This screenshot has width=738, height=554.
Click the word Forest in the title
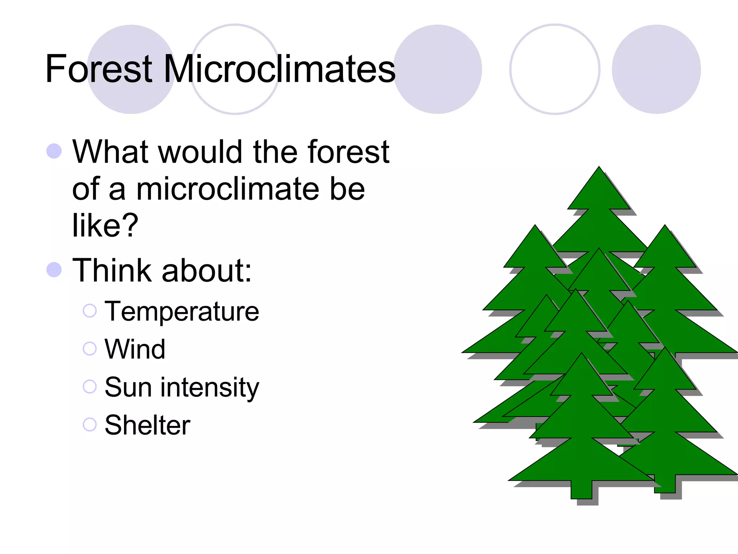tap(99, 69)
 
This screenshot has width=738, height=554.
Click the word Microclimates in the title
tap(279, 69)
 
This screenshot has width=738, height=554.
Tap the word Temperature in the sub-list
tap(182, 311)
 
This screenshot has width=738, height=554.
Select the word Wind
tap(135, 349)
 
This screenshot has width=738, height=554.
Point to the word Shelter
tap(147, 425)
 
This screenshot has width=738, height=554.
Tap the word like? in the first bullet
tap(105, 225)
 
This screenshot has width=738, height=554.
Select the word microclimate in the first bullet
tap(227, 189)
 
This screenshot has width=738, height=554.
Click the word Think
tap(112, 271)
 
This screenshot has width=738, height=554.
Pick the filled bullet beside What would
tap(54, 151)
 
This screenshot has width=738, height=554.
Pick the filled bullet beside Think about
tap(54, 269)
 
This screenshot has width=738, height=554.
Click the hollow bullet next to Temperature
tap(90, 311)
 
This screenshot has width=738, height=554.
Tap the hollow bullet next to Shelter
tap(90, 424)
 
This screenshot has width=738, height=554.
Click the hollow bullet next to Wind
tap(90, 348)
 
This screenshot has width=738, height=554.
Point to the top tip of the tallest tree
tap(599, 167)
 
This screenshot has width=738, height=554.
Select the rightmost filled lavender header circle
tap(656, 69)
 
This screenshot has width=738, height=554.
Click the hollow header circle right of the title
tap(555, 69)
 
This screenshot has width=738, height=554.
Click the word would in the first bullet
tap(200, 152)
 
